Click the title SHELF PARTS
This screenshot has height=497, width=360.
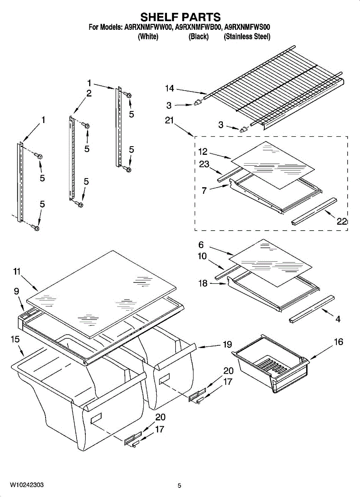[x=180, y=17]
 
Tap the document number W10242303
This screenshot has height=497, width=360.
[x=27, y=485]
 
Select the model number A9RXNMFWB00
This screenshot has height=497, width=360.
[x=198, y=27]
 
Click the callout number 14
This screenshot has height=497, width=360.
[x=169, y=88]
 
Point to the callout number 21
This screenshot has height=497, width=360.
[x=169, y=120]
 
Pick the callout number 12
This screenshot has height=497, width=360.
[x=203, y=152]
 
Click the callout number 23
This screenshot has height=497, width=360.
[x=204, y=164]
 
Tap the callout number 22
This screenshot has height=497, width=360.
[x=341, y=221]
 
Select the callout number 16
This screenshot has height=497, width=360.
[x=338, y=342]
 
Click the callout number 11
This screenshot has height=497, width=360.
[x=17, y=272]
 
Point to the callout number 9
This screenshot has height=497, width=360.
[x=17, y=291]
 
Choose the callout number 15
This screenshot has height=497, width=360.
[x=15, y=339]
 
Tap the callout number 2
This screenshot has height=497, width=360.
[x=89, y=94]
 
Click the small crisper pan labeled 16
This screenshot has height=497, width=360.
[x=271, y=362]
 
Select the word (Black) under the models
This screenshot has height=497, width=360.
[x=198, y=37]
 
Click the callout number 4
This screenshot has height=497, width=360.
[x=338, y=319]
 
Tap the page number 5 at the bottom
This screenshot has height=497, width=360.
[x=179, y=486]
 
